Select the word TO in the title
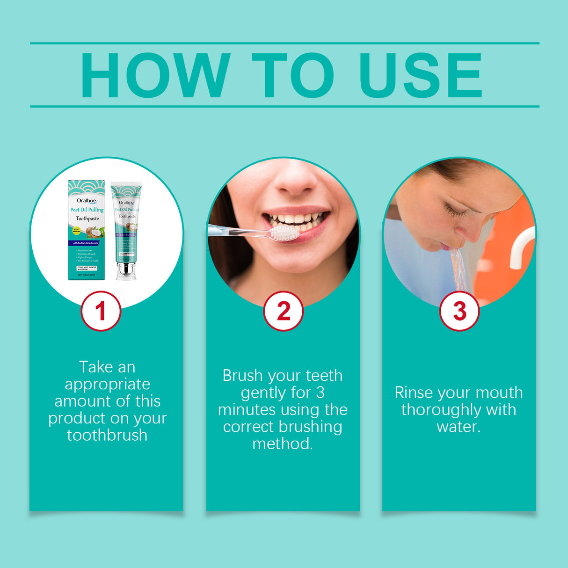point(293,75)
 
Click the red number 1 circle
point(101,311)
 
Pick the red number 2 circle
point(283,311)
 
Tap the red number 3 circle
point(459,311)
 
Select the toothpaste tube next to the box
point(126,225)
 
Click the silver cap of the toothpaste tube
point(126,271)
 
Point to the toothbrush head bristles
point(284,233)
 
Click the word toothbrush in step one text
point(107,435)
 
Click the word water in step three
point(458,427)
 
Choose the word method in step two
point(282,444)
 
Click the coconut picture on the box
point(95,232)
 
